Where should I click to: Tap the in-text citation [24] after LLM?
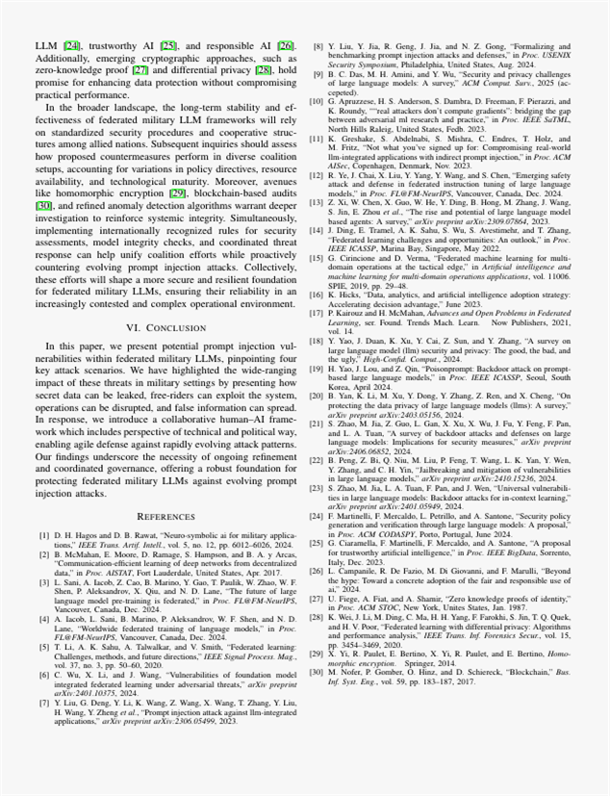[71, 45]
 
